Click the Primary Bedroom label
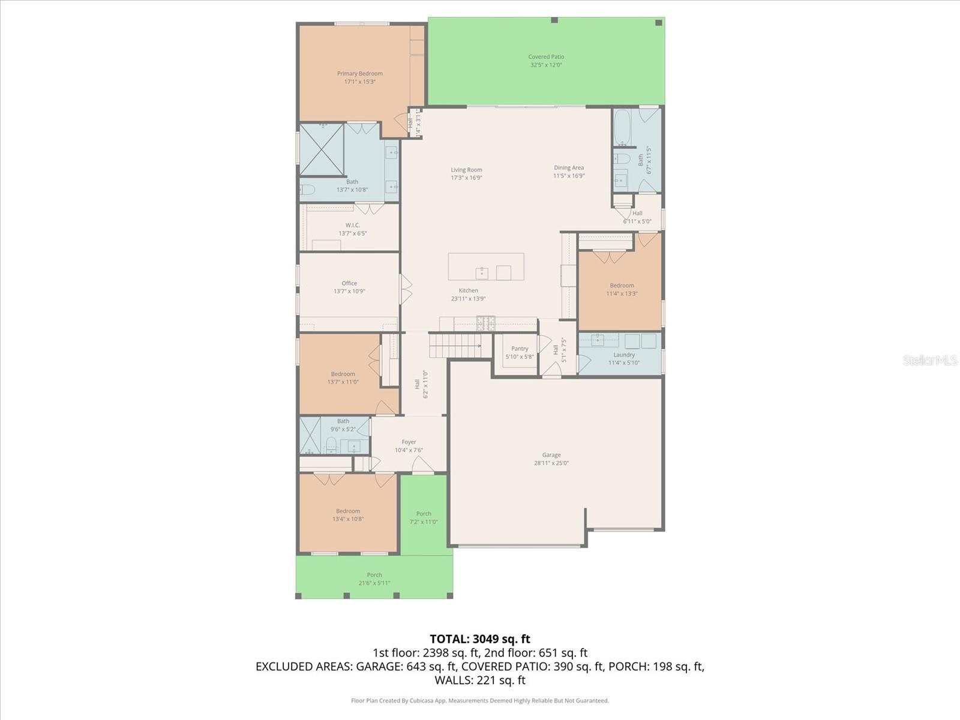click(x=359, y=74)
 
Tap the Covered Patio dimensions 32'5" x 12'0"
click(x=545, y=65)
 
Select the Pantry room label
click(x=520, y=349)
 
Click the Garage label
click(x=551, y=455)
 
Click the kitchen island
click(x=485, y=266)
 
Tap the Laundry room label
click(x=624, y=355)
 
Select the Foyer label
click(x=409, y=442)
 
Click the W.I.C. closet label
click(x=352, y=225)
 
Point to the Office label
click(x=349, y=283)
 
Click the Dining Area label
click(x=568, y=168)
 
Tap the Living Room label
click(x=466, y=170)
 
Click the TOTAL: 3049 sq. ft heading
click(x=479, y=639)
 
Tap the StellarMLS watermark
click(x=929, y=360)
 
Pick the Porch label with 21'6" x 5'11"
click(x=374, y=575)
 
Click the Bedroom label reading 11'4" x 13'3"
click(x=622, y=286)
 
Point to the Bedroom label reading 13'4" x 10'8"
click(x=348, y=511)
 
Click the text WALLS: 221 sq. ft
click(x=479, y=680)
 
